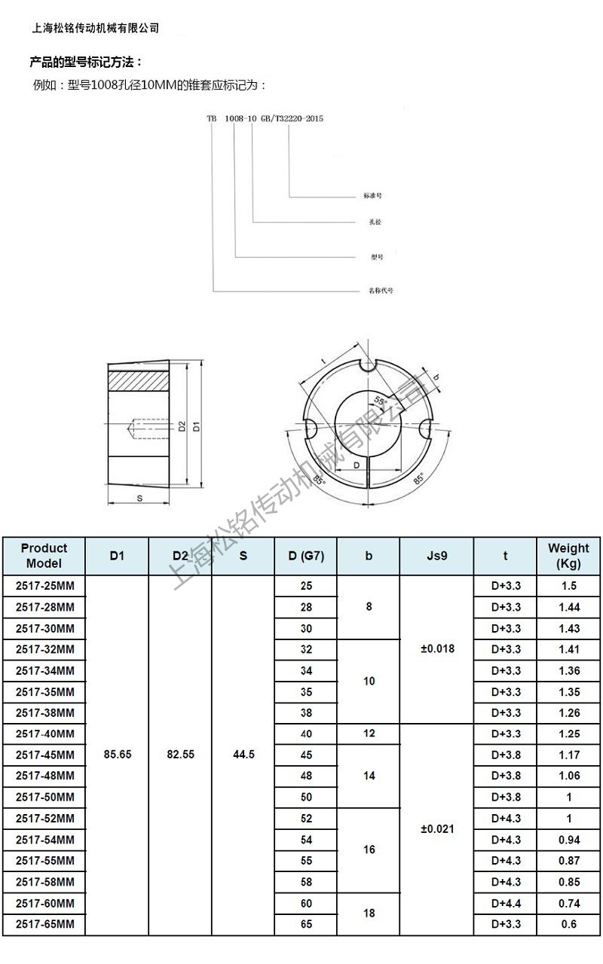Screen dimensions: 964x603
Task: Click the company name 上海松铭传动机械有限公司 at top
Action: coord(96,28)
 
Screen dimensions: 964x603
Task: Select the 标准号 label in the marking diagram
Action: coord(373,195)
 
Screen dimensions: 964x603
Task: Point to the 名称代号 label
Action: coord(380,290)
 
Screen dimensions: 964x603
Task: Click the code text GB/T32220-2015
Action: coord(291,119)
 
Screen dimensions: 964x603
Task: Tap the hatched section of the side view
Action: coord(137,380)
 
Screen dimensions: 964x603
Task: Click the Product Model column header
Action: coord(44,556)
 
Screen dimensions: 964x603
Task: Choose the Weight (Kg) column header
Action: coord(568,556)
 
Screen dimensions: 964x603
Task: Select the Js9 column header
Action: coord(437,556)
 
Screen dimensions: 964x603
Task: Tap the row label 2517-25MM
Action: coord(44,586)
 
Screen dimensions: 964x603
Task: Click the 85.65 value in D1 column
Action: coord(117,755)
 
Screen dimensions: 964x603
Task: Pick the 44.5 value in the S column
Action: coord(243,755)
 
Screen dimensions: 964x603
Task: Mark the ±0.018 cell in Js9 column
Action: coord(437,649)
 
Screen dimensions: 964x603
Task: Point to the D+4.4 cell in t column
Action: coord(505,903)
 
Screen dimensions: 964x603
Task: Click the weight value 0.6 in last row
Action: coord(568,924)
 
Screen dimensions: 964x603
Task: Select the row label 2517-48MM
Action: coord(44,776)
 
